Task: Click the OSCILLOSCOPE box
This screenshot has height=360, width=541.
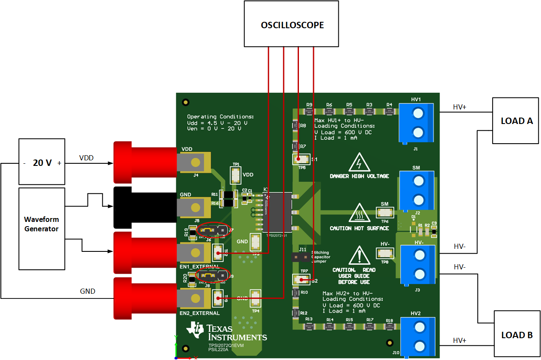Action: pos(293,24)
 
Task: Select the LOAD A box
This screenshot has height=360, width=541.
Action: pos(515,121)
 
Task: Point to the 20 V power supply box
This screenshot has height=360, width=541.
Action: pos(41,162)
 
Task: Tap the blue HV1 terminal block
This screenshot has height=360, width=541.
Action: pos(416,123)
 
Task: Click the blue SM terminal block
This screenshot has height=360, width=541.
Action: pos(416,191)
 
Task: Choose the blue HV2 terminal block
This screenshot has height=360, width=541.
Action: pos(417,337)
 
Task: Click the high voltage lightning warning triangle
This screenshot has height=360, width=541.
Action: pos(359,164)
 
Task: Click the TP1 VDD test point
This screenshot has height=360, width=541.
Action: pos(236,175)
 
